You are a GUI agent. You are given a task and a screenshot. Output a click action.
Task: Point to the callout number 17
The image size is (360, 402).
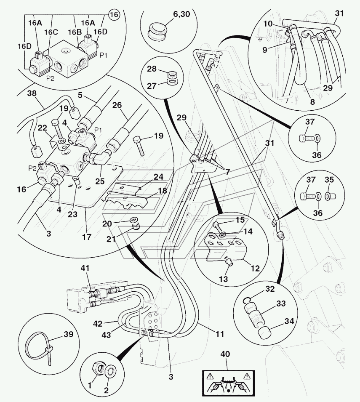click(x=86, y=237)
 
